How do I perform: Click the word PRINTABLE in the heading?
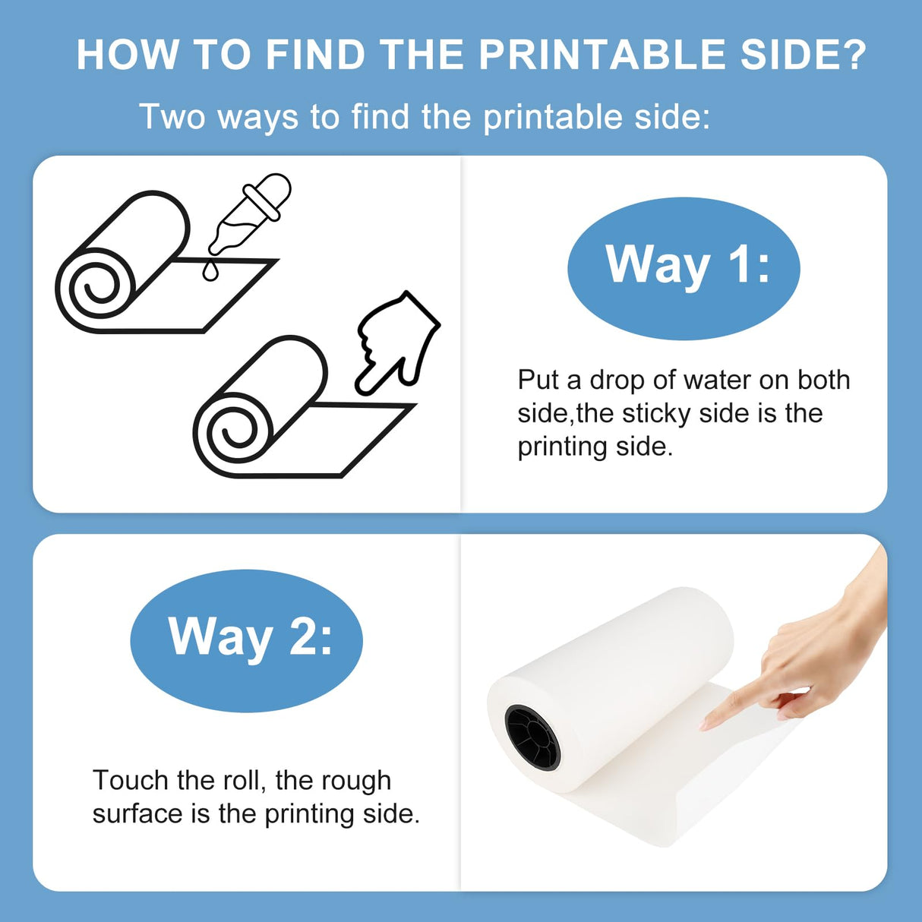(603, 55)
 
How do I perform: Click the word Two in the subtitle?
(172, 117)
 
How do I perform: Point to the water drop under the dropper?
(210, 270)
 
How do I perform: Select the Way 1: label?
(684, 266)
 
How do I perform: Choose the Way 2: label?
(247, 638)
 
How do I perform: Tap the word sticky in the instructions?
(657, 413)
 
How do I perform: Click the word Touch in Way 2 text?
(130, 781)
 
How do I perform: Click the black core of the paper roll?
(532, 737)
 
